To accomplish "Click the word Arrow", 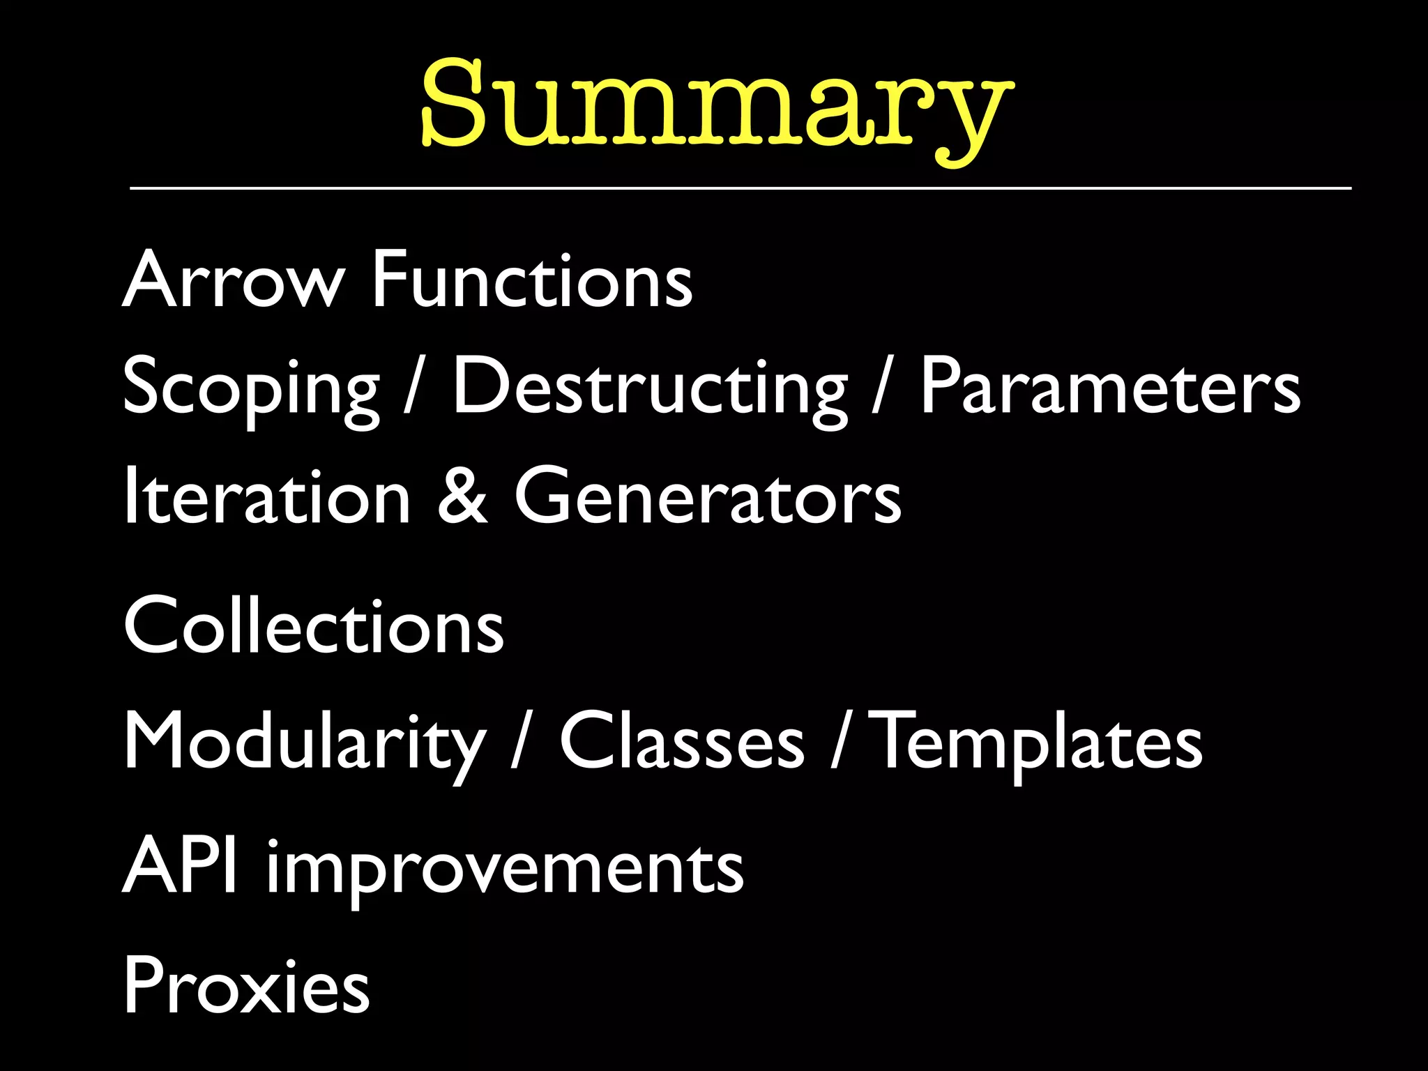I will (x=233, y=280).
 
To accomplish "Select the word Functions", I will (x=533, y=280).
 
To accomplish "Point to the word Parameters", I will (x=1110, y=386).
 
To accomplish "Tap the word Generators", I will (x=708, y=496).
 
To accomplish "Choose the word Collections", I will (x=314, y=626).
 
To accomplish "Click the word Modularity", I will (x=304, y=743).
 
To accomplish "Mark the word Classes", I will (x=682, y=742).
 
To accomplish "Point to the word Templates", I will (x=1039, y=743).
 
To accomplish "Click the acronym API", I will (x=180, y=866).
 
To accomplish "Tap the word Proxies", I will (x=247, y=986).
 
